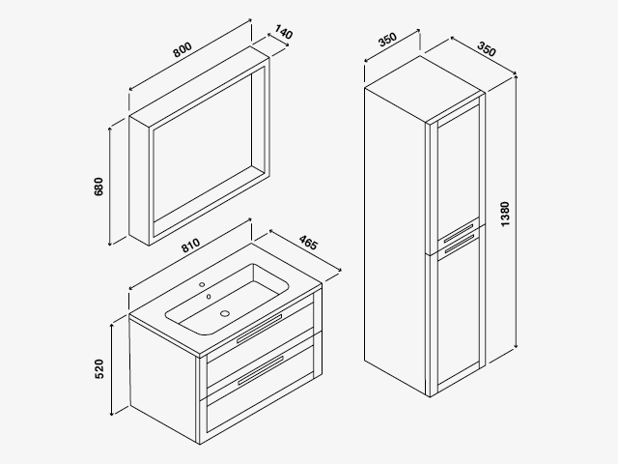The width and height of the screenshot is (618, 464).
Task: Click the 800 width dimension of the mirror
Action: click(x=183, y=49)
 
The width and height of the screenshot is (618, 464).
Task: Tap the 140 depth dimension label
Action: click(x=284, y=32)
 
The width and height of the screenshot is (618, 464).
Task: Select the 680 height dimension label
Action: click(x=98, y=187)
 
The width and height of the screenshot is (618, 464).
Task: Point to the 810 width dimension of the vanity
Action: click(x=191, y=246)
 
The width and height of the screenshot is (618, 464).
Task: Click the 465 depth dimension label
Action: click(x=308, y=243)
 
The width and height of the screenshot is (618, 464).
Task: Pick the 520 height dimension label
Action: click(x=99, y=369)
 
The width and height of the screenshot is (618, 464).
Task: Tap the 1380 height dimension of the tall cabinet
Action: click(x=505, y=214)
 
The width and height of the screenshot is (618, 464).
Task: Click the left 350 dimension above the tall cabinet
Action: click(x=386, y=40)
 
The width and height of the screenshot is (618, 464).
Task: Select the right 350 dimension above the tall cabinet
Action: click(x=487, y=49)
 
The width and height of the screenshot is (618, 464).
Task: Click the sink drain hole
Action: click(x=225, y=313)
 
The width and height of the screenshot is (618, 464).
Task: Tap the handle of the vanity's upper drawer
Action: click(x=260, y=329)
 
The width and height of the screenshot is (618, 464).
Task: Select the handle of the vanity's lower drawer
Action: click(x=260, y=370)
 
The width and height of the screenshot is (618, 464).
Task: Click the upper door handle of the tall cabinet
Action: click(x=459, y=234)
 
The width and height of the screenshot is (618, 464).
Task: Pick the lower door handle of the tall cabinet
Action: click(x=460, y=244)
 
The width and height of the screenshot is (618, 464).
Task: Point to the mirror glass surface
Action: click(x=203, y=147)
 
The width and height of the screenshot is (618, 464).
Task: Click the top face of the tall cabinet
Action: click(x=425, y=89)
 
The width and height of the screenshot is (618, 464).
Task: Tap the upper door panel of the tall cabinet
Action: click(x=459, y=174)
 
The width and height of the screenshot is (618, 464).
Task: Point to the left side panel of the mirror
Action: click(x=139, y=181)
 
